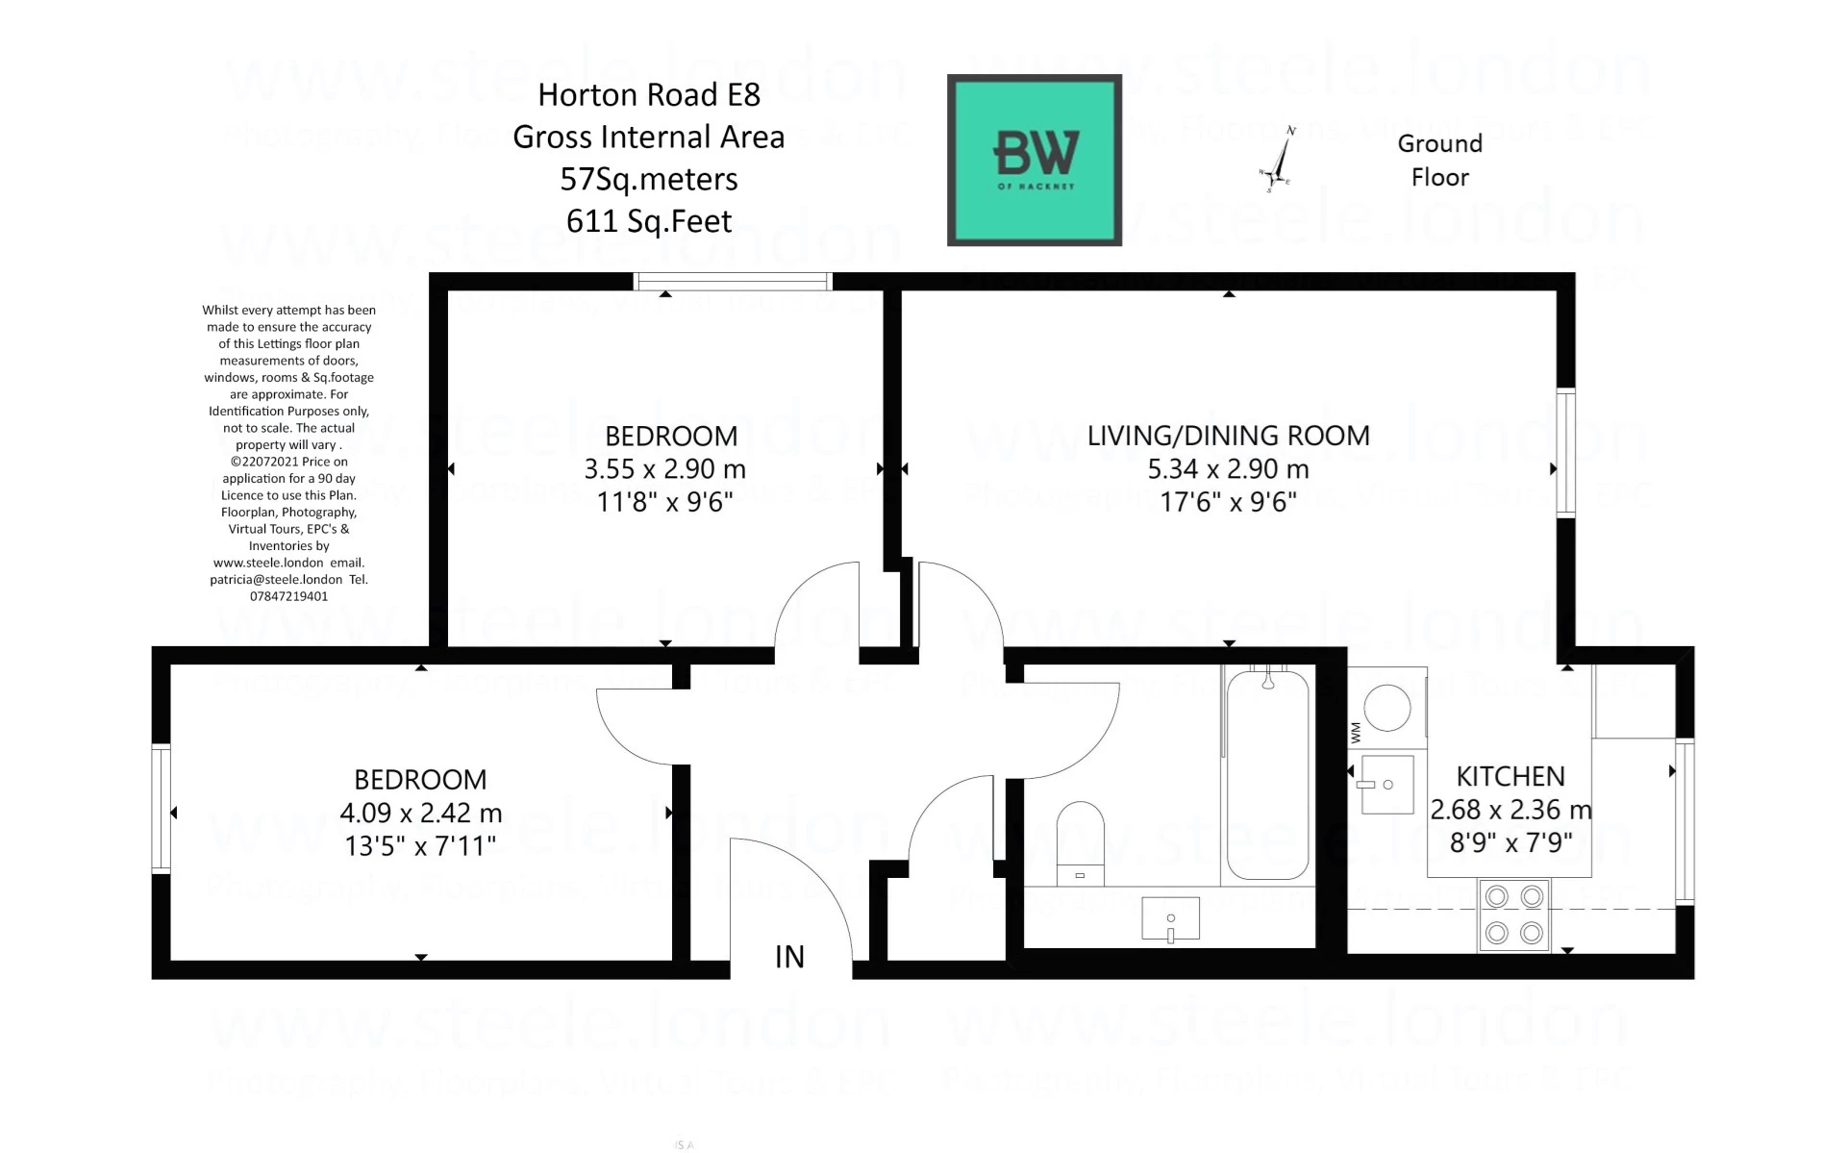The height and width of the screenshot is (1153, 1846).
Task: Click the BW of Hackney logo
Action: click(1035, 160)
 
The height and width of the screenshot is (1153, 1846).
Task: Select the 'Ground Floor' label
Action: click(1439, 160)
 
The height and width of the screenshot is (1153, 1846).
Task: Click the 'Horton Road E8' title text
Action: click(649, 94)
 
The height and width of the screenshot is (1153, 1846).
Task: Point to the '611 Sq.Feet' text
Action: click(649, 221)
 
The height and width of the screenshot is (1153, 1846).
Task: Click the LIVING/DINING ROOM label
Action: click(1228, 436)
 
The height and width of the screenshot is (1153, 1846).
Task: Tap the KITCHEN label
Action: click(1509, 776)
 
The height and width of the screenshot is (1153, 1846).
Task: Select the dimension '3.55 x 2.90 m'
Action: click(664, 469)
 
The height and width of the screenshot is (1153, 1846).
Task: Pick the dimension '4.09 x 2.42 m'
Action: click(420, 813)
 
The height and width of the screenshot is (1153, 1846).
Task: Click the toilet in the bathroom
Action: click(1080, 840)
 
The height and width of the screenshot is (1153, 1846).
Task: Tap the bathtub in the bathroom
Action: click(1267, 775)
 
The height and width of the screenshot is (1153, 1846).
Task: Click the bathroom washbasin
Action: click(1170, 918)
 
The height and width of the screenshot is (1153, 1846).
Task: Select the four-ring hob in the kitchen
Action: click(1513, 915)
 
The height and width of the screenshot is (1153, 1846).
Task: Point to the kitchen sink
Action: click(1387, 785)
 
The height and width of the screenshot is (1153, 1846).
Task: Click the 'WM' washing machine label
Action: click(1356, 733)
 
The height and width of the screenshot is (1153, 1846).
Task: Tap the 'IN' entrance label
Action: click(789, 957)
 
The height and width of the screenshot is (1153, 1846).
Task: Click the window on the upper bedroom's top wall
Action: click(733, 281)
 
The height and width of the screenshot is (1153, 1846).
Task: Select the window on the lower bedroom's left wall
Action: click(161, 808)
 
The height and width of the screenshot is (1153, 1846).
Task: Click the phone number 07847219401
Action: click(288, 596)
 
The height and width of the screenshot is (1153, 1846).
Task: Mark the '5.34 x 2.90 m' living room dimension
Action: click(1228, 469)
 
